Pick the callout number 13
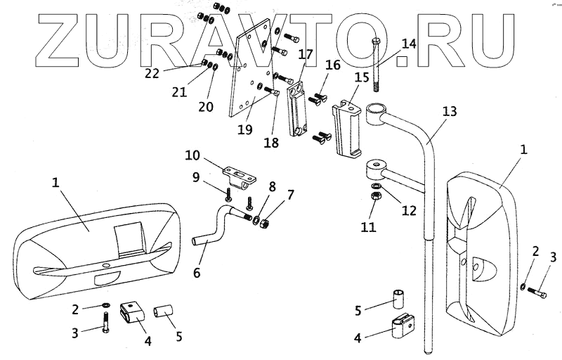point(450,112)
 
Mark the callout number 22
point(152,72)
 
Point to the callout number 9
point(197,178)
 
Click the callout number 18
point(270,143)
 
